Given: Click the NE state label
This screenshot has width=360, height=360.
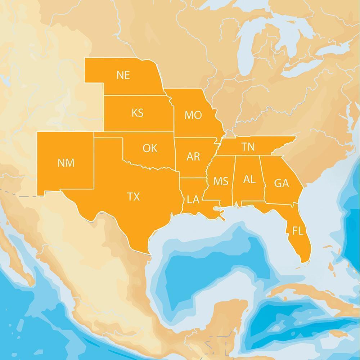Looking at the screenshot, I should [x=123, y=75].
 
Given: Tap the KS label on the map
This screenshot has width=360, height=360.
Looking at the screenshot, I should [x=137, y=113].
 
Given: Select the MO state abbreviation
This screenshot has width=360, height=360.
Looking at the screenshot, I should [x=193, y=115].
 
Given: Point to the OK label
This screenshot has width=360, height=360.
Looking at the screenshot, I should [x=150, y=148].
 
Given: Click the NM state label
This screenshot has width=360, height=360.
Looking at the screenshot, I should [x=66, y=163].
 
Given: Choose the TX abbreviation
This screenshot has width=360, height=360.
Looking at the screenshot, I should [x=133, y=197].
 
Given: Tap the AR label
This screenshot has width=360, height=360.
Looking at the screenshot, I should [x=193, y=156].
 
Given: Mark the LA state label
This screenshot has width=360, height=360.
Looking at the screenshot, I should [x=193, y=199].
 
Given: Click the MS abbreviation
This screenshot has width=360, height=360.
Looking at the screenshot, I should [x=220, y=181].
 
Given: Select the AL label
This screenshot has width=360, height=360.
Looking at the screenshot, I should [x=249, y=179].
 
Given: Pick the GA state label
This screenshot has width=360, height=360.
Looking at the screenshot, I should [x=281, y=183].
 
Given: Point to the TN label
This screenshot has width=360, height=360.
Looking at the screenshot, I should [x=248, y=147].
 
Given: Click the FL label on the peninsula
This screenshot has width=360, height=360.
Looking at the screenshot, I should [x=298, y=231].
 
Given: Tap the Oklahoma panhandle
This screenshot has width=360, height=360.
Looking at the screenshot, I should [x=108, y=135].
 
